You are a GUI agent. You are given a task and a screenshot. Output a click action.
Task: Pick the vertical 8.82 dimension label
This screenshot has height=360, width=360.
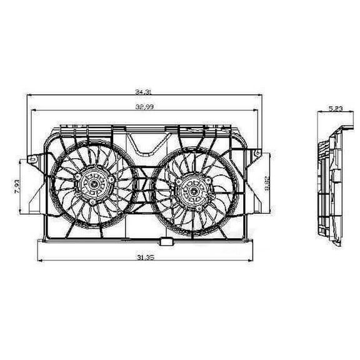267,184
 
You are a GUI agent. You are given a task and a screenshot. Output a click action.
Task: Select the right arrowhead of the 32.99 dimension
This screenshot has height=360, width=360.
257,111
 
